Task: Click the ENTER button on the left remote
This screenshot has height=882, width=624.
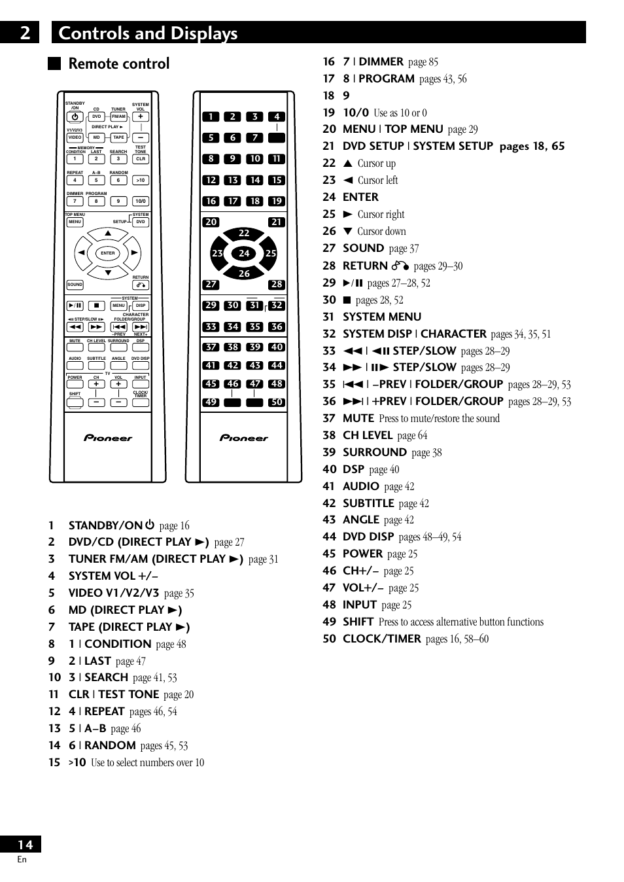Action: click(108, 253)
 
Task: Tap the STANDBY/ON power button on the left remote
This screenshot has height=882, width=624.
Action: click(75, 117)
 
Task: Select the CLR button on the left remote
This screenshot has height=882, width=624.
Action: click(140, 159)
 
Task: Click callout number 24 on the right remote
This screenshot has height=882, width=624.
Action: click(244, 253)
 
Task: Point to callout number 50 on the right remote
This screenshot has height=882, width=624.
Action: click(277, 402)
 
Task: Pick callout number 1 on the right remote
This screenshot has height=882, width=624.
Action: click(211, 117)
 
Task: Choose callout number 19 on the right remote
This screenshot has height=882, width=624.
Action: click(277, 202)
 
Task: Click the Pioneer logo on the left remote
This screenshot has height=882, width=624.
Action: click(108, 438)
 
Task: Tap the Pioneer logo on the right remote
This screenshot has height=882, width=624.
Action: click(244, 438)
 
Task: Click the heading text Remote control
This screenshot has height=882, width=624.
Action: click(119, 63)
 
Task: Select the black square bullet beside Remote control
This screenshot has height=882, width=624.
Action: click(54, 63)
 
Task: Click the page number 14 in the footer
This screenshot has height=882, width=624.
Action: click(25, 845)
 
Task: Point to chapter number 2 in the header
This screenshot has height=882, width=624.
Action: click(25, 33)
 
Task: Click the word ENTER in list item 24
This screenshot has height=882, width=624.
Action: click(360, 197)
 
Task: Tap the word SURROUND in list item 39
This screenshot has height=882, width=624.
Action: click(374, 452)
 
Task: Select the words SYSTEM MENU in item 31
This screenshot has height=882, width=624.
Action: click(382, 317)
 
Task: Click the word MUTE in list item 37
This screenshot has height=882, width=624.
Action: click(358, 418)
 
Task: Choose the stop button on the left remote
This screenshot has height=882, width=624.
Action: click(96, 306)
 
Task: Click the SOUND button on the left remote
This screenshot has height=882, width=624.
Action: click(75, 285)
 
